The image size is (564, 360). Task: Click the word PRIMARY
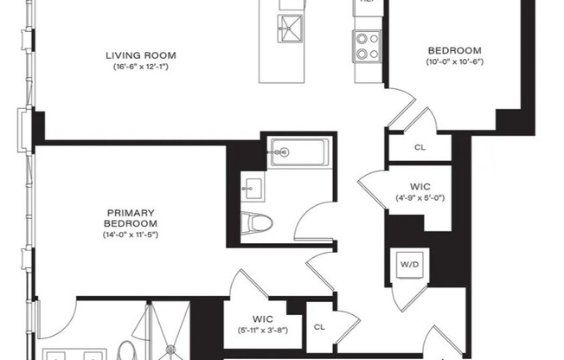tap(130, 212)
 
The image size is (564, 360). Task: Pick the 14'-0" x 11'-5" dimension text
tap(130, 235)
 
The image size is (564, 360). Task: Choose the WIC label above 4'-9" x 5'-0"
tap(420, 187)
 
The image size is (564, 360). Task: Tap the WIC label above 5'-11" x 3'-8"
tap(263, 318)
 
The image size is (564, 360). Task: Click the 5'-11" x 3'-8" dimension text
tap(263, 329)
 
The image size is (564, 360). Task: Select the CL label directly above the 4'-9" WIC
tap(420, 147)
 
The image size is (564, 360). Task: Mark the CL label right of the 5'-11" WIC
tap(319, 326)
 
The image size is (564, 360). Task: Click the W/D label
tap(408, 263)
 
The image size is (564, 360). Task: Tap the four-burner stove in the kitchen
tap(367, 45)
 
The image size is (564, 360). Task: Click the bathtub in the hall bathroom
tap(297, 152)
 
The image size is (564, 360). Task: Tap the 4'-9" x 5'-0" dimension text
tap(420, 198)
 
